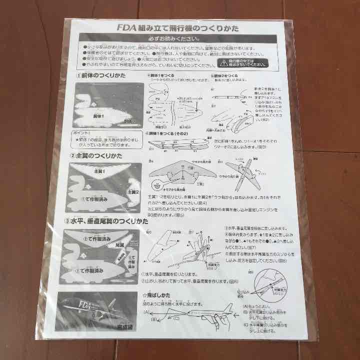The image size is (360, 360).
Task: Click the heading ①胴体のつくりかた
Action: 102,75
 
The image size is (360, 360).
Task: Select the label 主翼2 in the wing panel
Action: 132,191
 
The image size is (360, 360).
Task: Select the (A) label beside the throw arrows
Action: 146,312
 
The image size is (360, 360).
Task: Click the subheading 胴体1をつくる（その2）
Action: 172,133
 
